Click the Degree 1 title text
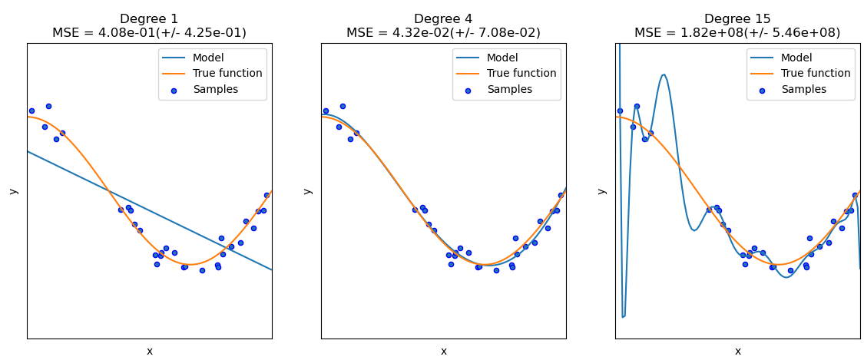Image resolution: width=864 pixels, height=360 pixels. point(149,19)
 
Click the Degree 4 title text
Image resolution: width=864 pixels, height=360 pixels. point(443,19)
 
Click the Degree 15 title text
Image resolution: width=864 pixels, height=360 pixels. point(737,19)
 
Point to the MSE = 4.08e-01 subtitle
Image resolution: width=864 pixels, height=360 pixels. point(149,33)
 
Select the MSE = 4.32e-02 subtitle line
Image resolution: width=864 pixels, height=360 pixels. point(443,33)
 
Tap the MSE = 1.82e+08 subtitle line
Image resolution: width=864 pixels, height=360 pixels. point(737,33)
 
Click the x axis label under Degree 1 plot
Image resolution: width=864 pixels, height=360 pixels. point(149,352)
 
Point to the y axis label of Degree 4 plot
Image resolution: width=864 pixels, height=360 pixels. point(307,191)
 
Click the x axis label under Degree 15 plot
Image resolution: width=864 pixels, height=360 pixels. point(737,352)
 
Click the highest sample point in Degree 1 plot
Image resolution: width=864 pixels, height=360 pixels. point(48,106)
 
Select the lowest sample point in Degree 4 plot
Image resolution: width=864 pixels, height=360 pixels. point(496,270)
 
